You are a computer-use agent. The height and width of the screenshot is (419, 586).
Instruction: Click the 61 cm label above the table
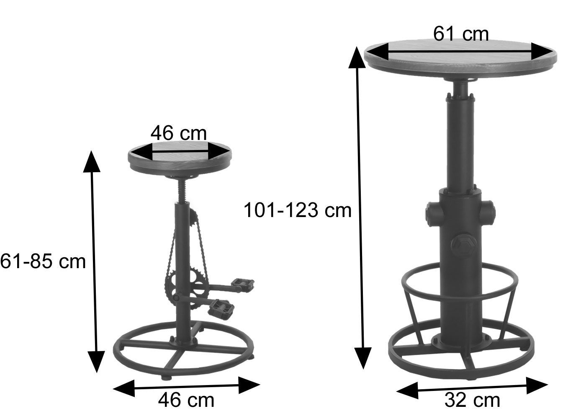tap(461, 34)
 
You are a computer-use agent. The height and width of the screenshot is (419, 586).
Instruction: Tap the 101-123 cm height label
tap(298, 210)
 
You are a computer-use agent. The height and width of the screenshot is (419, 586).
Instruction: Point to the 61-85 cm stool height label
tap(43, 261)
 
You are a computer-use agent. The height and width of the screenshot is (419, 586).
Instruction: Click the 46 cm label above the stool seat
tap(178, 133)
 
